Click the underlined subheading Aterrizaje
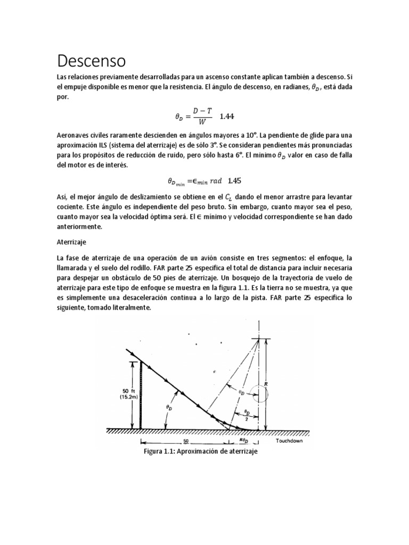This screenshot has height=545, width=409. pos(71,241)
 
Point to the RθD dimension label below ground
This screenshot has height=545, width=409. pos(244,442)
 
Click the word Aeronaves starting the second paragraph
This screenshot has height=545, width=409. pos(75,136)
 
